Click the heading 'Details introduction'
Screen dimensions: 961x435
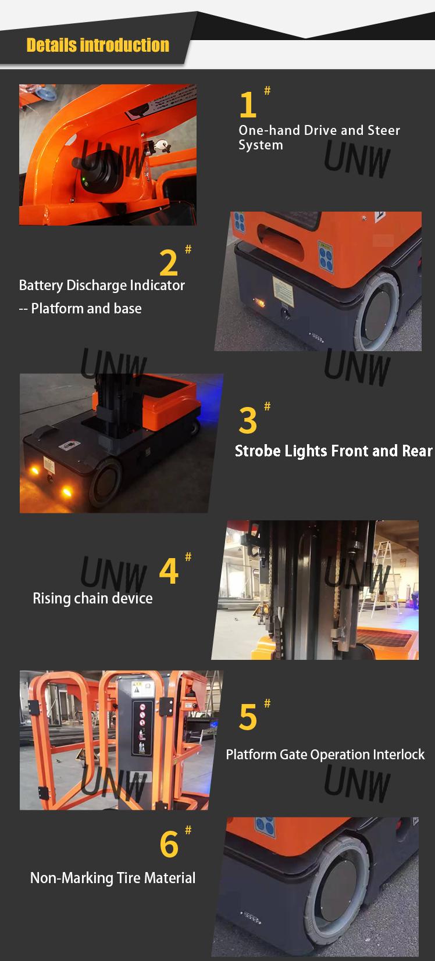tap(98, 45)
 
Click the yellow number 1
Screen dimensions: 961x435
tap(248, 105)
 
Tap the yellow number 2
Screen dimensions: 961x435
tap(168, 263)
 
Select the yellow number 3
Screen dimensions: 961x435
tap(248, 421)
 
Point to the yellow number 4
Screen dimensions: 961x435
tap(168, 571)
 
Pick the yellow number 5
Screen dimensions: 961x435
tap(248, 717)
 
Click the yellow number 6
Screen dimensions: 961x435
tap(169, 845)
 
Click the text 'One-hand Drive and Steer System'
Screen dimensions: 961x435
tap(319, 137)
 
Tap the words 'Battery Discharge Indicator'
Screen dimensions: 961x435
tap(102, 285)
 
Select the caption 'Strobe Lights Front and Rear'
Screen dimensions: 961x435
tap(333, 451)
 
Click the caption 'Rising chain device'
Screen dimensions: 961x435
tap(92, 598)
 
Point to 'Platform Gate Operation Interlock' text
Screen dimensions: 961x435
tap(325, 755)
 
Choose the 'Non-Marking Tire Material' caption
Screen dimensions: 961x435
tap(113, 878)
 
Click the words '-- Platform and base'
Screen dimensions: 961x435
tap(80, 309)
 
